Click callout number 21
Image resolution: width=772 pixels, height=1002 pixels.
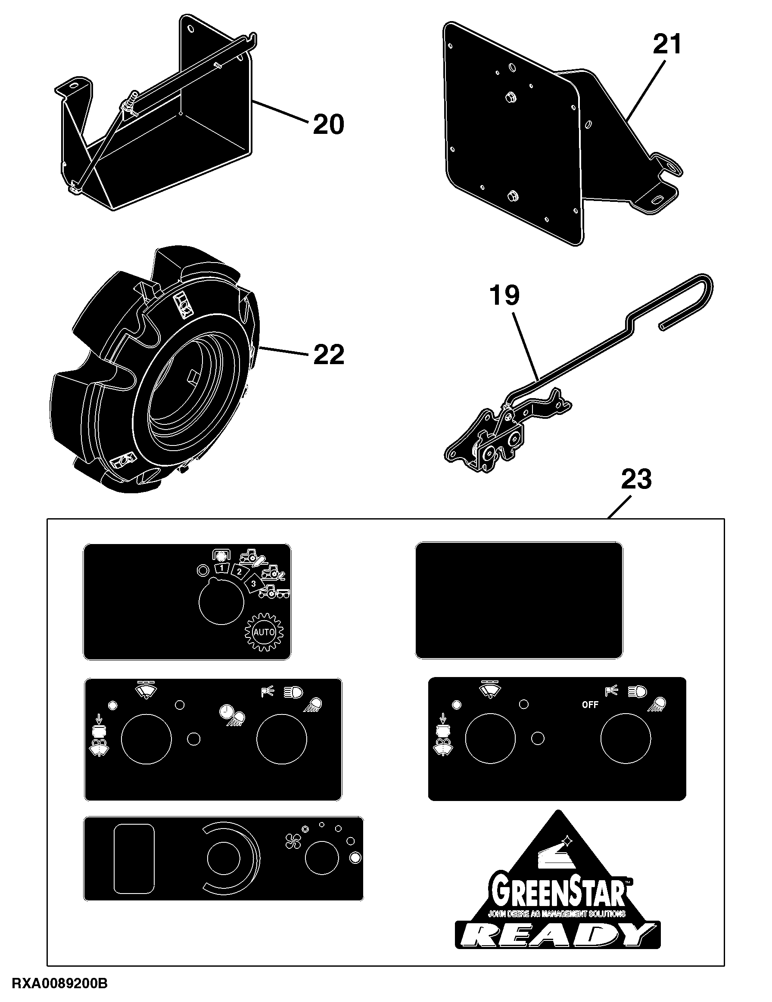click(667, 45)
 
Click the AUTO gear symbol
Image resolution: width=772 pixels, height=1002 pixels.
click(264, 632)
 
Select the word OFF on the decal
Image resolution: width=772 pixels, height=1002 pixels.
click(590, 705)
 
